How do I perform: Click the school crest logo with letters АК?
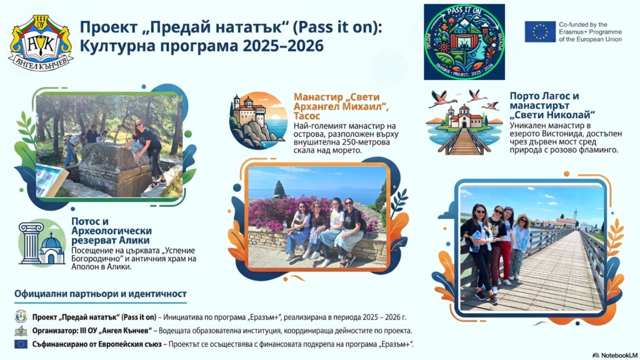(41, 42)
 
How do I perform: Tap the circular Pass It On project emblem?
(464, 42)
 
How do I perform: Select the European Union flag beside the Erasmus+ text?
(540, 32)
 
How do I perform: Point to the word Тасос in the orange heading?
(307, 116)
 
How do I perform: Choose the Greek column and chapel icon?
(42, 243)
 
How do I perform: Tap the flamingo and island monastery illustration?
(464, 122)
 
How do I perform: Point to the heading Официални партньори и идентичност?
(101, 294)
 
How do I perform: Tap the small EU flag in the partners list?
(21, 344)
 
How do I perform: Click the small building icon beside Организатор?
(21, 331)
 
